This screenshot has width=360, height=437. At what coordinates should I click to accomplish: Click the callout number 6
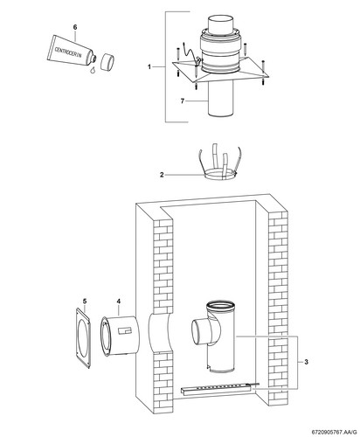point(75,27)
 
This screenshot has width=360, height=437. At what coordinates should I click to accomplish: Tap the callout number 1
point(149,67)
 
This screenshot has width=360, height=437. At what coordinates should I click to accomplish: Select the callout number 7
point(183,101)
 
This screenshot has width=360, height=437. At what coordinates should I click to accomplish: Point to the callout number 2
point(162,175)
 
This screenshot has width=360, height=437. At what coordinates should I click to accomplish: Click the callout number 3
point(306,362)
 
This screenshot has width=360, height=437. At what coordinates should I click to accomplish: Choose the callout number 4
point(119,301)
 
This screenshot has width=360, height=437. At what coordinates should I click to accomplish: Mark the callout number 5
point(85,301)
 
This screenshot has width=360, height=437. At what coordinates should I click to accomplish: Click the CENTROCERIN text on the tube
point(69,52)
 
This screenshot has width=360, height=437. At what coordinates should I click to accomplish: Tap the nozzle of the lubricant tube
point(93,59)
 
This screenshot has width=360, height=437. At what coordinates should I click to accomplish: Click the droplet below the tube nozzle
point(93,70)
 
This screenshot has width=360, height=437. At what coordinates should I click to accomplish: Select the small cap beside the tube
point(107,61)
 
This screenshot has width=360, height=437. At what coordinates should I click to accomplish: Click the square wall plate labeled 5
point(82,338)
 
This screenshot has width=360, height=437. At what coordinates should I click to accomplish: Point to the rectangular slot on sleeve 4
point(125,330)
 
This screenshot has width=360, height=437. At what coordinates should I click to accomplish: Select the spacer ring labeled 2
point(220,175)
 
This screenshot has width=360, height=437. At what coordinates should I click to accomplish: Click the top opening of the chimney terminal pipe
point(220,19)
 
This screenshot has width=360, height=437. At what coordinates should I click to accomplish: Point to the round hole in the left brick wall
point(159,334)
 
